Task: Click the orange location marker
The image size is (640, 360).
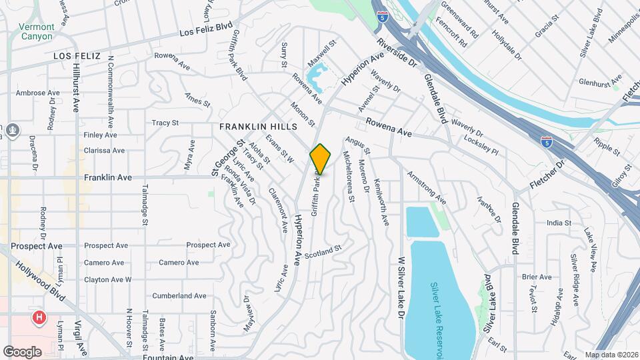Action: tap(321, 159)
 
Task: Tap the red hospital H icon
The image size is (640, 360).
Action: tap(40, 316)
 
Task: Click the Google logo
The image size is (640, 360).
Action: tap(22, 351)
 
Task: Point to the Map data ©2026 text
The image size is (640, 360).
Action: tap(611, 355)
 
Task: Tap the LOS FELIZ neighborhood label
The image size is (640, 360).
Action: tap(77, 57)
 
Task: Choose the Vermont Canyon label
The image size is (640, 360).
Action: tap(36, 31)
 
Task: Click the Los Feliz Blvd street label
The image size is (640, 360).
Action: tap(206, 30)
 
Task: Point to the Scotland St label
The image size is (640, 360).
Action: tap(323, 252)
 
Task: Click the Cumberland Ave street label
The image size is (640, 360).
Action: tap(179, 295)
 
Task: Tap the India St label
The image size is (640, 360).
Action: tap(559, 223)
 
